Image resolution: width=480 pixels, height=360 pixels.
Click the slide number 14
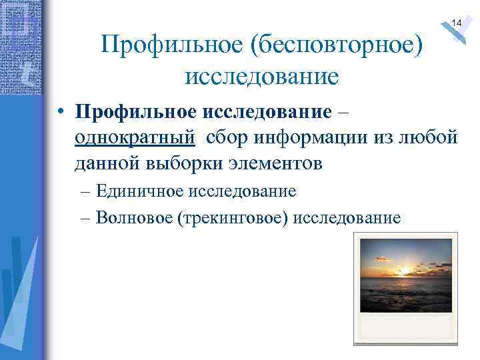tap(457, 23)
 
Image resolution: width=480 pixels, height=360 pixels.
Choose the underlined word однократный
tap(135, 137)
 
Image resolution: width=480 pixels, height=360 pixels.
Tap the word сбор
tap(229, 137)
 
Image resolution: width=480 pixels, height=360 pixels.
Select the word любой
tap(429, 137)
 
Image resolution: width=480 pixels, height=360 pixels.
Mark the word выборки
tap(190, 162)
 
